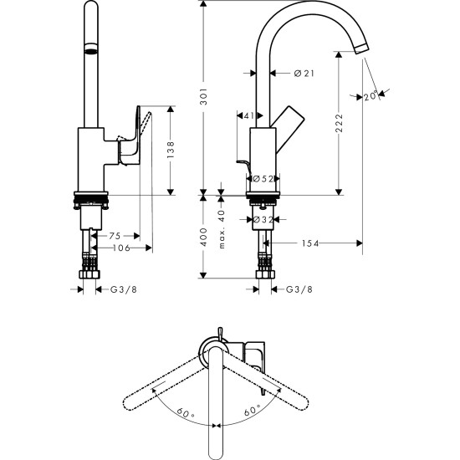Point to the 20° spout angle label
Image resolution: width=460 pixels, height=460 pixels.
click(371, 96)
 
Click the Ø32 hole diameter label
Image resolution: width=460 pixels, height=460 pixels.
click(265, 220)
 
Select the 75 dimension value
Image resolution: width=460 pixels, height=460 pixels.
click(115, 237)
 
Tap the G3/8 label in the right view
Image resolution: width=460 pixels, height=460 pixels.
click(299, 290)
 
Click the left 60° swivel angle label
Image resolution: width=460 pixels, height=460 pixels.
click(183, 411)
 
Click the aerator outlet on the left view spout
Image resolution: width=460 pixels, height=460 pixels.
click(89, 51)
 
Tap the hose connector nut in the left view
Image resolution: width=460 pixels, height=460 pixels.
click(89, 275)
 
